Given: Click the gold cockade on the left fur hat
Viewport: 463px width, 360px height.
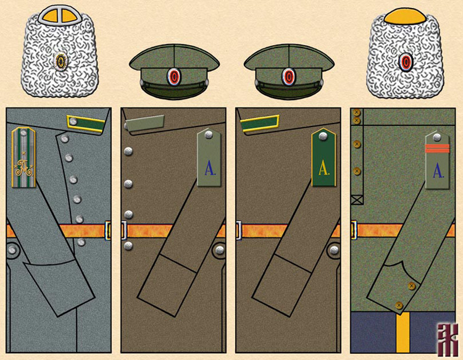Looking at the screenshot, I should click(61, 61).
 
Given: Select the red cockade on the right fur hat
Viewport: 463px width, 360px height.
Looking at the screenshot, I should click(405, 62).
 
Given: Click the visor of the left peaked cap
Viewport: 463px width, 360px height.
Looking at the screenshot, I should click(175, 91).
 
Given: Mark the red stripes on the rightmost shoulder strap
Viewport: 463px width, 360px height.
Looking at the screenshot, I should click(437, 146).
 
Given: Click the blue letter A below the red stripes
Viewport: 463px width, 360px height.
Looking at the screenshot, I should click(438, 169).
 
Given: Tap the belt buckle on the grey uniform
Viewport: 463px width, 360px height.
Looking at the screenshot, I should click(109, 230).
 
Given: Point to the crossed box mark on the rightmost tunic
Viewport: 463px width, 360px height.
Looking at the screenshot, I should click(356, 199).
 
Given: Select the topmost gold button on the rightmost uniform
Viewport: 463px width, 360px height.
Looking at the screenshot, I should click(357, 113).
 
